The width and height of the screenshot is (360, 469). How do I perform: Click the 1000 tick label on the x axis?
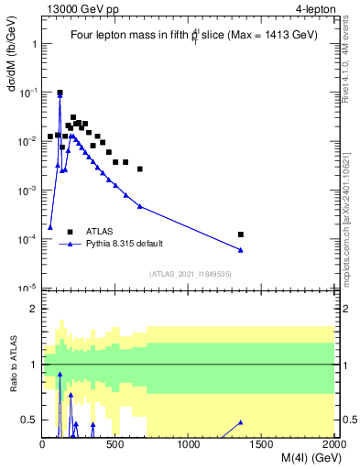tap(189, 444)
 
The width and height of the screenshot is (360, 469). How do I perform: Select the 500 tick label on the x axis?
tap(115, 444)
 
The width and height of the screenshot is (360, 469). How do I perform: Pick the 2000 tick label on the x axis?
tap(333, 444)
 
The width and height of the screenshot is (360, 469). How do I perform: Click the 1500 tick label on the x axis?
tap(262, 444)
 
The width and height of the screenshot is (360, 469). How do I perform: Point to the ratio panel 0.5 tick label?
tap(30, 420)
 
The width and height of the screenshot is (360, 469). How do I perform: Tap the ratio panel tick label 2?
tap(33, 309)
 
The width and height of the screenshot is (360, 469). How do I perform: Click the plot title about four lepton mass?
tap(194, 36)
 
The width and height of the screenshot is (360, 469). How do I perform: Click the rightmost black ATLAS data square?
tap(241, 234)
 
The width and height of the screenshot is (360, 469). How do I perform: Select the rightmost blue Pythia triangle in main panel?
tap(241, 250)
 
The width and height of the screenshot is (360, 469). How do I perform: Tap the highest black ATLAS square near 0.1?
tap(60, 93)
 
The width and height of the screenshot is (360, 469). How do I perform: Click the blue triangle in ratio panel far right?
tap(241, 422)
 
